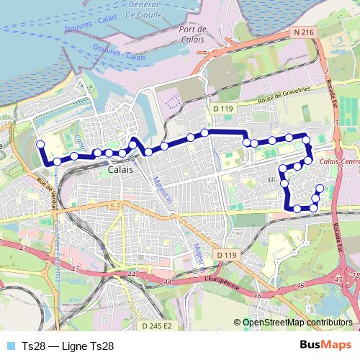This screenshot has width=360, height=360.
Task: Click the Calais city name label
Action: [x=118, y=171]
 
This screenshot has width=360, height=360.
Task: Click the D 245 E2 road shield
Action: [x=157, y=325]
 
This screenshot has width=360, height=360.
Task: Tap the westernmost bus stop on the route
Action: [x=40, y=144]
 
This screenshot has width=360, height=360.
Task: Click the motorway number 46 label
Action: [x=257, y=294]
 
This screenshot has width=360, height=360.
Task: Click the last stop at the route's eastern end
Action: [x=320, y=189]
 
